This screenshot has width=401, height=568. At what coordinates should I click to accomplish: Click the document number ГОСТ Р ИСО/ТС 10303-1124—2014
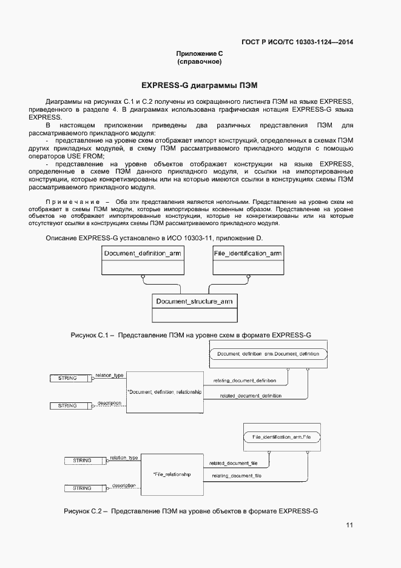297,42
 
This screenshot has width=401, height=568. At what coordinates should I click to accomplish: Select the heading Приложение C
200,53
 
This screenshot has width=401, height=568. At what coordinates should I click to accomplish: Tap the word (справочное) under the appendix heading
200,62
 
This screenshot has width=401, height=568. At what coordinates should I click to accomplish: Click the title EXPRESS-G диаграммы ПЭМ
200,85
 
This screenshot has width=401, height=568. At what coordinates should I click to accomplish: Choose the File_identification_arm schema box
248,260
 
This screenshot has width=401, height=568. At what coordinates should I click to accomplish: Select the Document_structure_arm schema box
194,308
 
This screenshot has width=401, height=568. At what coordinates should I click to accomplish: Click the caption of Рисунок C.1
191,335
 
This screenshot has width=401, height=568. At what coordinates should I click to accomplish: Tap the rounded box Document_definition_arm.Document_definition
268,353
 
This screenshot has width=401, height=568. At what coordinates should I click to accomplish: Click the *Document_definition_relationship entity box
164,392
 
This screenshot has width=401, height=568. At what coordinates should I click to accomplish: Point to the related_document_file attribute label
234,463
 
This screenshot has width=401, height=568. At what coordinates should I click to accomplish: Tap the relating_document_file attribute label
237,477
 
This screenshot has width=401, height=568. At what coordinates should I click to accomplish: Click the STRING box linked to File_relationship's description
82,488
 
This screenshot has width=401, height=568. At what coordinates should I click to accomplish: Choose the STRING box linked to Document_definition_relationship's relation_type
67,378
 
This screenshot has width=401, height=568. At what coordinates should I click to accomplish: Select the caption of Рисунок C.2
191,512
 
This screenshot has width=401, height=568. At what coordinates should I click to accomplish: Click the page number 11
349,526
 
